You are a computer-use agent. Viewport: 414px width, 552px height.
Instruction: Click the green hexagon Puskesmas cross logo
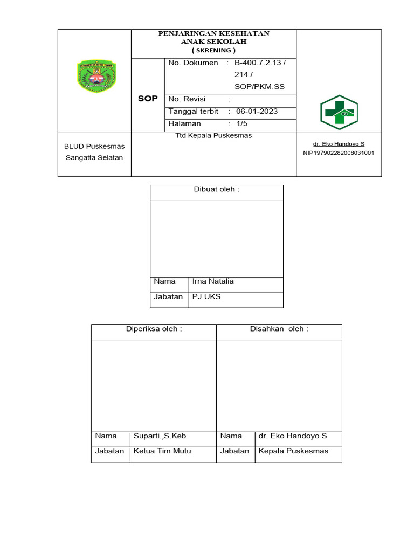(339, 112)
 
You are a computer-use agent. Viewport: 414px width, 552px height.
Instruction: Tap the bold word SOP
(148, 99)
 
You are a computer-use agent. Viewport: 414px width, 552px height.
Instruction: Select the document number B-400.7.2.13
(260, 63)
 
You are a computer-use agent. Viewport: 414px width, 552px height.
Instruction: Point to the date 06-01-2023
(257, 112)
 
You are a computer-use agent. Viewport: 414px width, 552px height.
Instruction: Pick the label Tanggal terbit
(194, 112)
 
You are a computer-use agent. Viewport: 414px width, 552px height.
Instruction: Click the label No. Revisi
(187, 99)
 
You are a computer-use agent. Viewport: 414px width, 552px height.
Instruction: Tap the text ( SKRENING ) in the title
(213, 50)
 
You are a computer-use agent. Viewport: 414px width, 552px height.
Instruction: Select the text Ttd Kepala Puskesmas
(213, 136)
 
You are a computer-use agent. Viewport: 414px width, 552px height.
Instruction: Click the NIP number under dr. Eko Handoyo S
(339, 153)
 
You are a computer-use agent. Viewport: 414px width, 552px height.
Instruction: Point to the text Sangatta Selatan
(94, 157)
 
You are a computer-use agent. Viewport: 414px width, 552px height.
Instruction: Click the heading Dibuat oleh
(216, 190)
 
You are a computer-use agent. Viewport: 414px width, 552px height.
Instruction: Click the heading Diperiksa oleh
(154, 329)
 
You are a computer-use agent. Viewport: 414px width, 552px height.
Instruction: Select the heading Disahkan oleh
(279, 329)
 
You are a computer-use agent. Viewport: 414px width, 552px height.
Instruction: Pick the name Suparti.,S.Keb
(160, 436)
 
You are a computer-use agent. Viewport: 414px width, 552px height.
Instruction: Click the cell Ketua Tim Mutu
(162, 451)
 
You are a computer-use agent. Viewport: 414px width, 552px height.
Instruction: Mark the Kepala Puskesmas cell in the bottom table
(293, 451)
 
